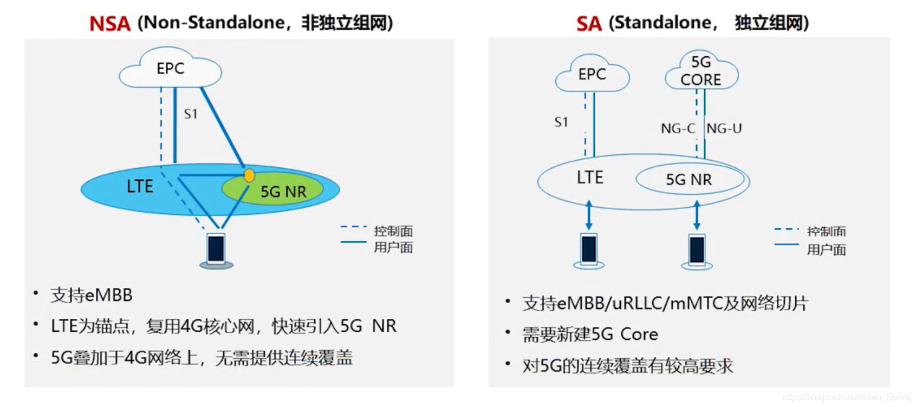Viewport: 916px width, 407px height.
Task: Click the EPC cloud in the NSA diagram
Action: (x=170, y=69)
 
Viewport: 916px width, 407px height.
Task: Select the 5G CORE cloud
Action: (x=701, y=71)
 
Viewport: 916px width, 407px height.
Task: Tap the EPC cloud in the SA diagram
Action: (x=592, y=74)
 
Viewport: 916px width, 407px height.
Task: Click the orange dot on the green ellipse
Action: (x=249, y=175)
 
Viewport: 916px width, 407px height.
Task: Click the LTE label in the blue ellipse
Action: (x=140, y=187)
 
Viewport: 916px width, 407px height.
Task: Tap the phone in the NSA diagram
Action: (x=216, y=250)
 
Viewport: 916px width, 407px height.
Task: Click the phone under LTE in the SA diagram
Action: (x=589, y=250)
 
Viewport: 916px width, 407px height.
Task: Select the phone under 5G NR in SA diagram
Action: (x=697, y=250)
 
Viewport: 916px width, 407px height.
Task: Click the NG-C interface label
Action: (x=678, y=129)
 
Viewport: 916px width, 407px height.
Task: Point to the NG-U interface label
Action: (x=724, y=129)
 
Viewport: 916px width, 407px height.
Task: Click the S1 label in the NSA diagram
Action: (x=191, y=114)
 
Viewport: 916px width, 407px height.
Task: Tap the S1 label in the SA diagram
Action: (x=561, y=122)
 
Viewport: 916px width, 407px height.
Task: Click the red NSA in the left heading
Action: (x=110, y=24)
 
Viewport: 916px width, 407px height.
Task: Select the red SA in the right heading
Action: (x=589, y=24)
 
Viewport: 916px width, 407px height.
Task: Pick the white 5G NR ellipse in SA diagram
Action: (x=689, y=180)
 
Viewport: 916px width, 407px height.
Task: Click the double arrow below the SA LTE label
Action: (x=589, y=215)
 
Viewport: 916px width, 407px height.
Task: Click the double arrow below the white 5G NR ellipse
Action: (x=697, y=215)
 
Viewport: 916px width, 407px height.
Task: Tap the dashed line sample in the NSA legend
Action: (x=353, y=226)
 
